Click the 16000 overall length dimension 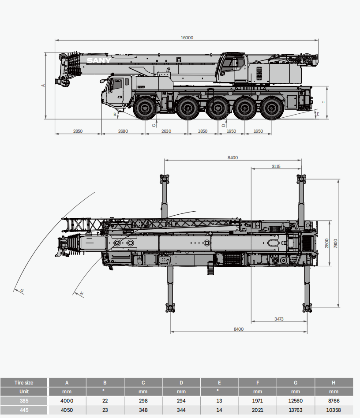coord(187,37)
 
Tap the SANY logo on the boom coord(99,60)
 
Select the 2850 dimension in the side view coord(78,131)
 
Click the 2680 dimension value coord(123,131)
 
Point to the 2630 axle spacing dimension coord(166,131)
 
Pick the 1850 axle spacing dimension coord(202,131)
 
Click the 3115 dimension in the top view coord(276,166)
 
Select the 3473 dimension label coord(279,318)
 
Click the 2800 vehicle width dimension coord(327,243)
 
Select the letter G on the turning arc coord(22,291)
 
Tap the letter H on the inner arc coord(81,293)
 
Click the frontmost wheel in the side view coord(145,108)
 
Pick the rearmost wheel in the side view coord(271,108)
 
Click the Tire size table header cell coord(24,382)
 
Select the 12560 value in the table coord(296,401)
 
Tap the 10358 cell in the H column coord(334,410)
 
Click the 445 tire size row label coord(24,410)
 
